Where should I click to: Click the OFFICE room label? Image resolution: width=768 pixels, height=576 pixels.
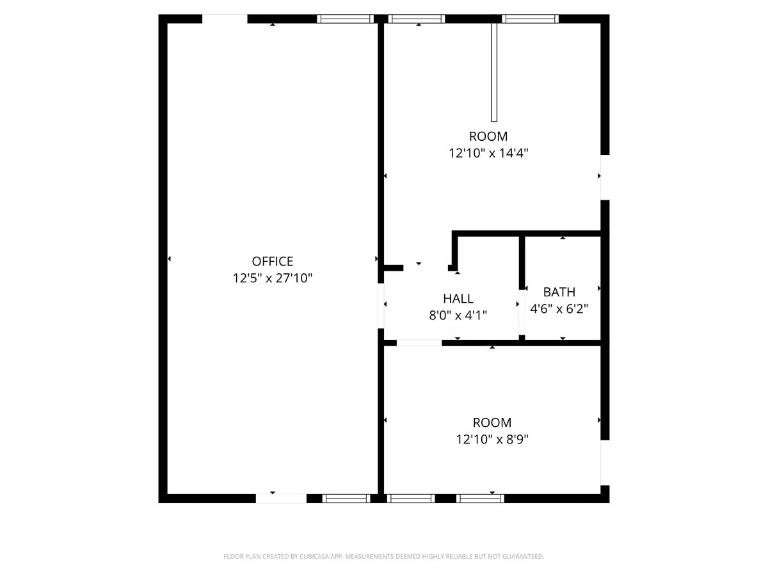point(272,261)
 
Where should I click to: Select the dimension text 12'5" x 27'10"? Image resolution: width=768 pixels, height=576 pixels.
point(272,278)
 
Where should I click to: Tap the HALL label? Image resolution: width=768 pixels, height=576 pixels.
point(458,298)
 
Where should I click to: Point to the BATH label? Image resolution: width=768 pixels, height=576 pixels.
point(559,292)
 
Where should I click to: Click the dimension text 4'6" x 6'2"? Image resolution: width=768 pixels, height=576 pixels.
point(559,308)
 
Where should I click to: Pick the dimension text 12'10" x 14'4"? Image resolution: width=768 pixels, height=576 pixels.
point(488,153)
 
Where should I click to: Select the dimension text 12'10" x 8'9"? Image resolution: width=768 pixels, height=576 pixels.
point(492,439)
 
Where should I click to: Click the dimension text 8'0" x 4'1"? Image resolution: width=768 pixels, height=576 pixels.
point(458,315)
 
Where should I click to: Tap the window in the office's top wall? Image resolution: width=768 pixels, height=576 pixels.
point(346,19)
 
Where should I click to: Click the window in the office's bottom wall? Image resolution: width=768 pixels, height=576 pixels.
point(346,498)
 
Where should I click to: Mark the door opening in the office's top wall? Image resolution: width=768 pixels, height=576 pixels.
point(225,19)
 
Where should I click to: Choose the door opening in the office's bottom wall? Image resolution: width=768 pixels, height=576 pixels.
point(281,498)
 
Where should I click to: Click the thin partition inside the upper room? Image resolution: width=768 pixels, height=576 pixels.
point(494,72)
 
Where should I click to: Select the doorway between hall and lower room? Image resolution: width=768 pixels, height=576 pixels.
point(419,343)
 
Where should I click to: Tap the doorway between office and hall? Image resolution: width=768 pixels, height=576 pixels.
point(381,305)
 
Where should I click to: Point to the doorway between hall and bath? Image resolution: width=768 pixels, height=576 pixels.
point(522,312)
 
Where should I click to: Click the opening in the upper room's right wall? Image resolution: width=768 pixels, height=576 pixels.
point(604,177)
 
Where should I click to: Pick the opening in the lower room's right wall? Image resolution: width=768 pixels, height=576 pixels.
point(604,462)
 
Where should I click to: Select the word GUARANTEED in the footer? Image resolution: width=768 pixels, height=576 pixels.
point(520,557)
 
